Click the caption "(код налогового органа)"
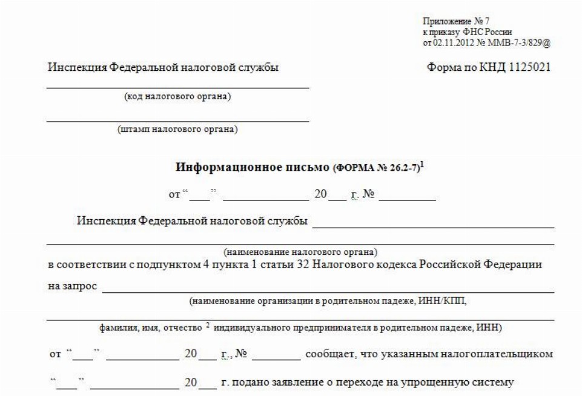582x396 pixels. click(177, 96)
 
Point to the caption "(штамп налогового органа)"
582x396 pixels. click(177, 129)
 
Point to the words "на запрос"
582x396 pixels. click(72, 286)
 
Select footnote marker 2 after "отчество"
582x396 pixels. click(207, 325)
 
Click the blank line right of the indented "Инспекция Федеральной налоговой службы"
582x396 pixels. click(432, 222)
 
